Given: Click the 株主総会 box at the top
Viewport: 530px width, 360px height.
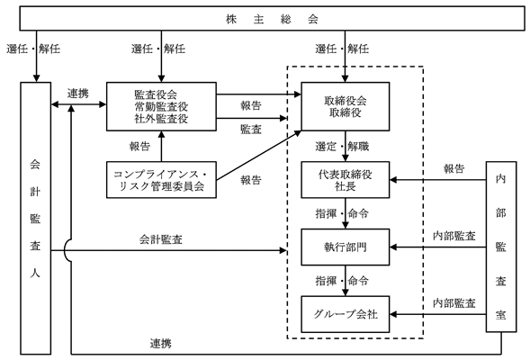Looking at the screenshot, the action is point(272,19).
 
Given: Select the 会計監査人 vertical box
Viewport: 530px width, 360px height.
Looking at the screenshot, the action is point(35,218).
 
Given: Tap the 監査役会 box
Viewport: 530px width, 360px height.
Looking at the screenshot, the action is point(161,106).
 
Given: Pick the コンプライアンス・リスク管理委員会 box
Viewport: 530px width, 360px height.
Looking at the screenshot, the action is point(161,179).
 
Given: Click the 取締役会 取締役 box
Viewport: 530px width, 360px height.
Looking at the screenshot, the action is point(346,106).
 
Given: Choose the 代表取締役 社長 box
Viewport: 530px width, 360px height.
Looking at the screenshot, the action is point(346,179).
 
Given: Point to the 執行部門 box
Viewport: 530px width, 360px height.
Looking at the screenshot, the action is point(346,247).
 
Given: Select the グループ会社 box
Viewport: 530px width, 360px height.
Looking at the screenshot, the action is point(346,314).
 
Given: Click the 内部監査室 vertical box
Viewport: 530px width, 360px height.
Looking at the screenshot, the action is point(501,247).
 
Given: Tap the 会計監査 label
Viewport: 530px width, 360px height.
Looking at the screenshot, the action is point(161,239).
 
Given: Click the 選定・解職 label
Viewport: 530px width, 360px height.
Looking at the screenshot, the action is point(342,147).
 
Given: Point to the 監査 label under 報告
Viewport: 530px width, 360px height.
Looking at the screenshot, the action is point(251,129).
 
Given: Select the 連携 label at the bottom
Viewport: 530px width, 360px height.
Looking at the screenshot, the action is point(161,344).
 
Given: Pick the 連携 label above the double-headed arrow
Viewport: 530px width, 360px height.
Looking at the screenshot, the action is point(78,94).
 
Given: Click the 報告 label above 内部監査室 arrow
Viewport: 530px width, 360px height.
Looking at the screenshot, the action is point(454,168).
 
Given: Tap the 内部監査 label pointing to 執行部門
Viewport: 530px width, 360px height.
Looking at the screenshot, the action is point(454,236).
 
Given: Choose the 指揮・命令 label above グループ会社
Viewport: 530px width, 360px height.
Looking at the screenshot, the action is point(342,281).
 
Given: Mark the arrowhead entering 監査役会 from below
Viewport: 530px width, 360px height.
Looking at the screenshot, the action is point(161,134).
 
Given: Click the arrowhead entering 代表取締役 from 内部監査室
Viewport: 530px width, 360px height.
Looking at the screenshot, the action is point(393,180).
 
